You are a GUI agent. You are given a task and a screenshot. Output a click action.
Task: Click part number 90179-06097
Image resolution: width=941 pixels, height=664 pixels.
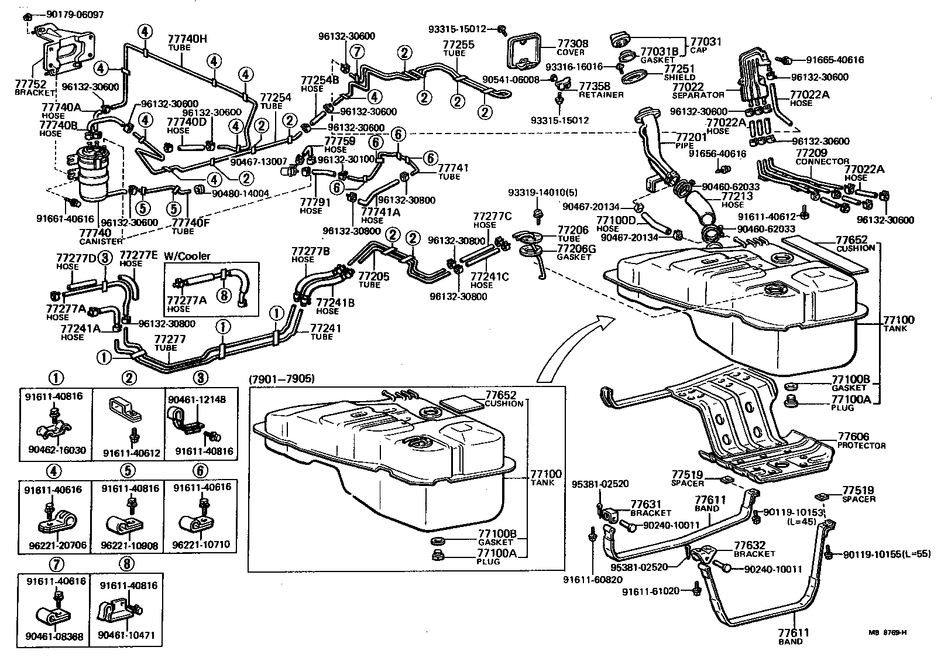point(75,15)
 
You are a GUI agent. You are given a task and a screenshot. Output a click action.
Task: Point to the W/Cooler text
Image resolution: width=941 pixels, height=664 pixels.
point(187,255)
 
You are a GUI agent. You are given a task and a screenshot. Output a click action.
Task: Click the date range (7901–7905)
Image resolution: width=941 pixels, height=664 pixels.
point(282,379)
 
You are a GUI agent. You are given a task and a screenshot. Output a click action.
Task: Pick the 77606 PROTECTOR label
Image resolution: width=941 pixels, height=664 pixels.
point(861,441)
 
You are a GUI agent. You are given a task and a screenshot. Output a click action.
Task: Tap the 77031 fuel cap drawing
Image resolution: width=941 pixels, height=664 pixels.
point(620,40)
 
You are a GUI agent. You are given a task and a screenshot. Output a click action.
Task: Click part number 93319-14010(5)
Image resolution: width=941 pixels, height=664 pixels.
point(542,193)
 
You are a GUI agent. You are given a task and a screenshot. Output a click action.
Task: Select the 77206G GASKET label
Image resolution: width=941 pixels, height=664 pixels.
point(576,252)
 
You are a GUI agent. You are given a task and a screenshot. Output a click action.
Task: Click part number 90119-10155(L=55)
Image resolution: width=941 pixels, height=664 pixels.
point(887,554)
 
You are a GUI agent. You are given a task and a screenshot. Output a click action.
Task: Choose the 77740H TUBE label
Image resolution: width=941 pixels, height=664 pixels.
point(187,43)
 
